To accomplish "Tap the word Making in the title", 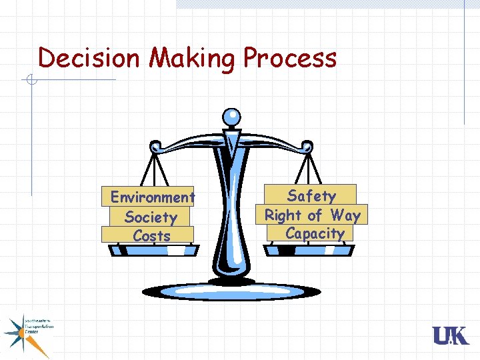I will pyautogui.click(x=191, y=59).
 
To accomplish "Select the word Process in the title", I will pyautogui.click(x=289, y=58).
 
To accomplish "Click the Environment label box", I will pyautogui.click(x=152, y=197).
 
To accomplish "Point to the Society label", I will pyautogui.click(x=151, y=217).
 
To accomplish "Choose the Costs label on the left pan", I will pyautogui.click(x=151, y=235).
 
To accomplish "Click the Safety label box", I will pyautogui.click(x=311, y=195).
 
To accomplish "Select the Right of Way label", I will pyautogui.click(x=312, y=215).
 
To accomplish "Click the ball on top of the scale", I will pyautogui.click(x=231, y=116).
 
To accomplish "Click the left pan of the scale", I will pyautogui.click(x=154, y=250).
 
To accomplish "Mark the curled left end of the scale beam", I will pyautogui.click(x=156, y=145).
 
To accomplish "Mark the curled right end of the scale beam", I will pyautogui.click(x=307, y=145).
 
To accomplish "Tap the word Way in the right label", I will pyautogui.click(x=345, y=215).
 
